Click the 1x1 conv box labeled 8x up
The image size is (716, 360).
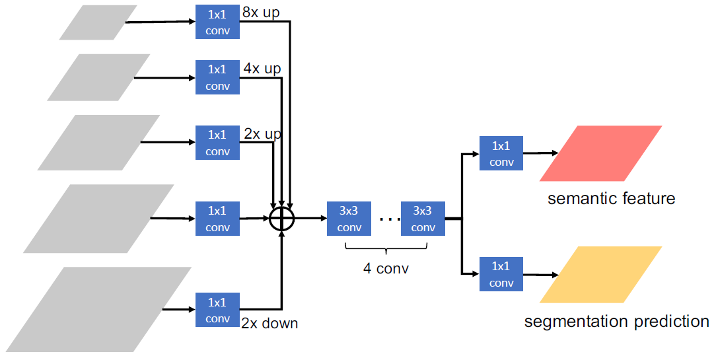coord(217,22)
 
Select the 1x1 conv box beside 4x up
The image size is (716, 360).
coord(217,77)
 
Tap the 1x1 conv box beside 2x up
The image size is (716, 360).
coord(217,143)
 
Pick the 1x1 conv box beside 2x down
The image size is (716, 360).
coord(217,310)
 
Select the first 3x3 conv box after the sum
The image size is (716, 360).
coord(349,219)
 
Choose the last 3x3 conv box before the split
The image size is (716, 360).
coord(423,219)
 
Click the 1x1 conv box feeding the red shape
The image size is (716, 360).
coord(501,153)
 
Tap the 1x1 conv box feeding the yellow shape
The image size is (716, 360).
coord(501,274)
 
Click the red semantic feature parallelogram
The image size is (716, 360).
coord(600,153)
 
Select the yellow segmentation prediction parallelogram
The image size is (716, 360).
coord(600,274)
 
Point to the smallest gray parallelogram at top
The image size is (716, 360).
coord(98,22)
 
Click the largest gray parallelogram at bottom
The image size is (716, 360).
coord(99,308)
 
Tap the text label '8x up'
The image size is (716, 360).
coord(261,13)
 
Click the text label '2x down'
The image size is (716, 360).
coord(269,324)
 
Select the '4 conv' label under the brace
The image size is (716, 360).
coord(386,268)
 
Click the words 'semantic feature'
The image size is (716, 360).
coord(611,198)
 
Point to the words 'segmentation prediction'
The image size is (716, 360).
coord(616,322)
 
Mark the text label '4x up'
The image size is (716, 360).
coord(262,68)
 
